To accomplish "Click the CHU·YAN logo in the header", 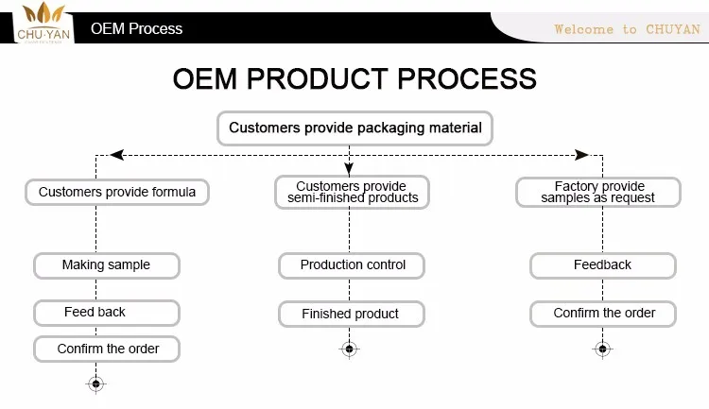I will (40, 23).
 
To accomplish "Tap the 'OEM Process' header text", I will (136, 28).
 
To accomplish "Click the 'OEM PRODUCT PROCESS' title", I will (354, 78).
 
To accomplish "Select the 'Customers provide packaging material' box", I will (354, 128).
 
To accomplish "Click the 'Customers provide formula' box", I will (117, 193).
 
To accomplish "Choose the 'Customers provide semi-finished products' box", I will (351, 193).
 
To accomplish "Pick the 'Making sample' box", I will (106, 265).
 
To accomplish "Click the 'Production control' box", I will (353, 265).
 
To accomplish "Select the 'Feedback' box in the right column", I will (602, 265).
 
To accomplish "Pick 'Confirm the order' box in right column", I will (603, 314).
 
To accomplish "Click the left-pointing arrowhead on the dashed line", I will (116, 154).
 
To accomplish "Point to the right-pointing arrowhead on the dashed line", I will (582, 154).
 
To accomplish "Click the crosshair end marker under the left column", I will (95, 383).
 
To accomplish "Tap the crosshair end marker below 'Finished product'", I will (350, 349).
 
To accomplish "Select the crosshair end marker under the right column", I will (602, 349).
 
